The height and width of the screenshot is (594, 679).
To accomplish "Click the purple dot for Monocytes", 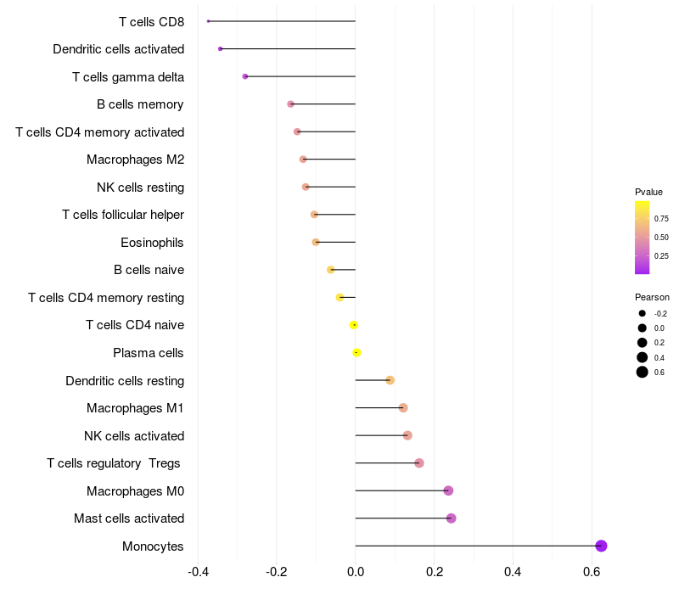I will click(601, 546).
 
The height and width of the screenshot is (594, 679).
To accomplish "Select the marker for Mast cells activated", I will click(451, 518).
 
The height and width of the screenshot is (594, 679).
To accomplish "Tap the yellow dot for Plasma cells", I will click(356, 352).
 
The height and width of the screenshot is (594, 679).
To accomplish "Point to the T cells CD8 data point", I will click(208, 21).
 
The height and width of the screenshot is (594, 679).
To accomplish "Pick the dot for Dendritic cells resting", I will click(390, 380).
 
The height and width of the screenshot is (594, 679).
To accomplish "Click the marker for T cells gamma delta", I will click(245, 76).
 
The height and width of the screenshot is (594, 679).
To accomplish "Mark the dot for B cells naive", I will click(331, 270).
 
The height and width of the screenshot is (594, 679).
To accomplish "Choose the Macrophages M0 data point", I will click(448, 490).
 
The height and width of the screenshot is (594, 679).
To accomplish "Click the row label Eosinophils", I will click(152, 243).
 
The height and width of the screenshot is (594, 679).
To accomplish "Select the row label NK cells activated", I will click(134, 436).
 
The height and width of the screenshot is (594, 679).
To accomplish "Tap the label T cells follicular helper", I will click(123, 215).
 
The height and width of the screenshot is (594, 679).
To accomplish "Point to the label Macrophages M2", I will click(135, 160).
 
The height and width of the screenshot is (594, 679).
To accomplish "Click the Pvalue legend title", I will click(648, 192).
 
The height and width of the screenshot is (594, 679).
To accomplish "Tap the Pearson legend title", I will click(652, 297).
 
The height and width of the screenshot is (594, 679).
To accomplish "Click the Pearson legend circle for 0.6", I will click(643, 372).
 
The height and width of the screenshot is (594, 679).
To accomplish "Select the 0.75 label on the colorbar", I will click(661, 218).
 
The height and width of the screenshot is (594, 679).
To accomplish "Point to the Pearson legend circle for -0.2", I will click(643, 313).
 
